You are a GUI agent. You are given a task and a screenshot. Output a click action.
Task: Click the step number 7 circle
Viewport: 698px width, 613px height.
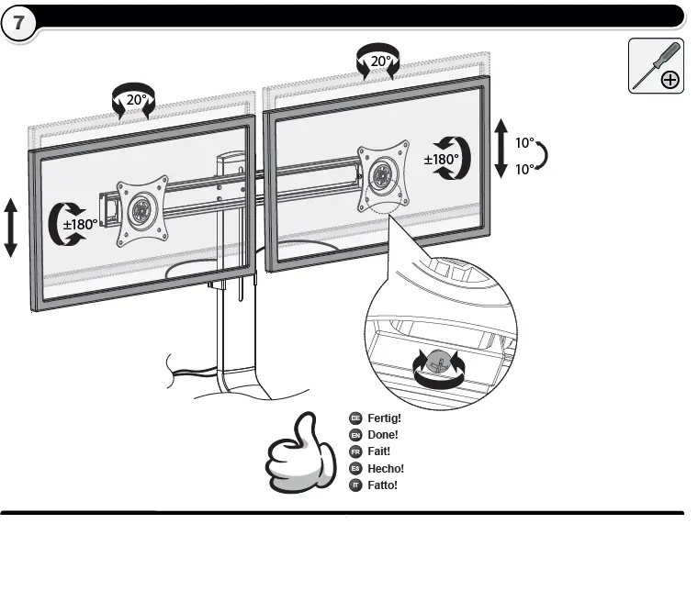click(19, 23)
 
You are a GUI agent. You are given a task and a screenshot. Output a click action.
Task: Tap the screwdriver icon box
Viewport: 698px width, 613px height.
click(656, 66)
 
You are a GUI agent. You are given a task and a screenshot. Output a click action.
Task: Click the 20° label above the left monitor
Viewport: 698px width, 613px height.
click(136, 100)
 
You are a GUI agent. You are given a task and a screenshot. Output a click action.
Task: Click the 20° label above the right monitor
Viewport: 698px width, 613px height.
click(380, 62)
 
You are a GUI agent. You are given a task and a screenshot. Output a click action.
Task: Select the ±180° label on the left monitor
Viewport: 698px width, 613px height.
click(80, 224)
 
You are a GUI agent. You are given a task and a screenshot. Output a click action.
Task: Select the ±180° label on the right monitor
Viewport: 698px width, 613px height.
click(441, 159)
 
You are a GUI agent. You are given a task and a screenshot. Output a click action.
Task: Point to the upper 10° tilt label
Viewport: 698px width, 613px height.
click(523, 143)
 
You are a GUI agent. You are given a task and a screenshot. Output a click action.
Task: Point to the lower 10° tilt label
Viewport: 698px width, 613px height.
click(523, 170)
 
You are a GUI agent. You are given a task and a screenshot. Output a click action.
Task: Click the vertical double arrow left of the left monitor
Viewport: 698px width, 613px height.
click(11, 226)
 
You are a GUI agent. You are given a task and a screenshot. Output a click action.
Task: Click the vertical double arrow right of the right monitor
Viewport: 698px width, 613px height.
click(501, 147)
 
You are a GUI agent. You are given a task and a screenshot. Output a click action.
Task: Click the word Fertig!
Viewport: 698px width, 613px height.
click(384, 418)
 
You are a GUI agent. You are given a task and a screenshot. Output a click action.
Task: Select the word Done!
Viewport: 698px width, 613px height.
click(382, 435)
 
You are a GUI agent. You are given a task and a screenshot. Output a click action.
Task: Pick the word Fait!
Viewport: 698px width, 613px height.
click(378, 451)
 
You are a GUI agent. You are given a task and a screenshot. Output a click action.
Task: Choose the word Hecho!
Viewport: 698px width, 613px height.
click(385, 468)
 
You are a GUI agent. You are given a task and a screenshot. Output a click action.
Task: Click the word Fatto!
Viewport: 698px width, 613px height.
click(382, 485)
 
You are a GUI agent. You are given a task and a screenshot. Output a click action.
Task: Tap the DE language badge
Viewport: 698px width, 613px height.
click(355, 418)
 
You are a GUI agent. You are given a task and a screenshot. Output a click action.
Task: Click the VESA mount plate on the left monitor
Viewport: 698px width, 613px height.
click(142, 211)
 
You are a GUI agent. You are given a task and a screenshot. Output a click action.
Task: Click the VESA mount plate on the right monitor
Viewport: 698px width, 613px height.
click(382, 174)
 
